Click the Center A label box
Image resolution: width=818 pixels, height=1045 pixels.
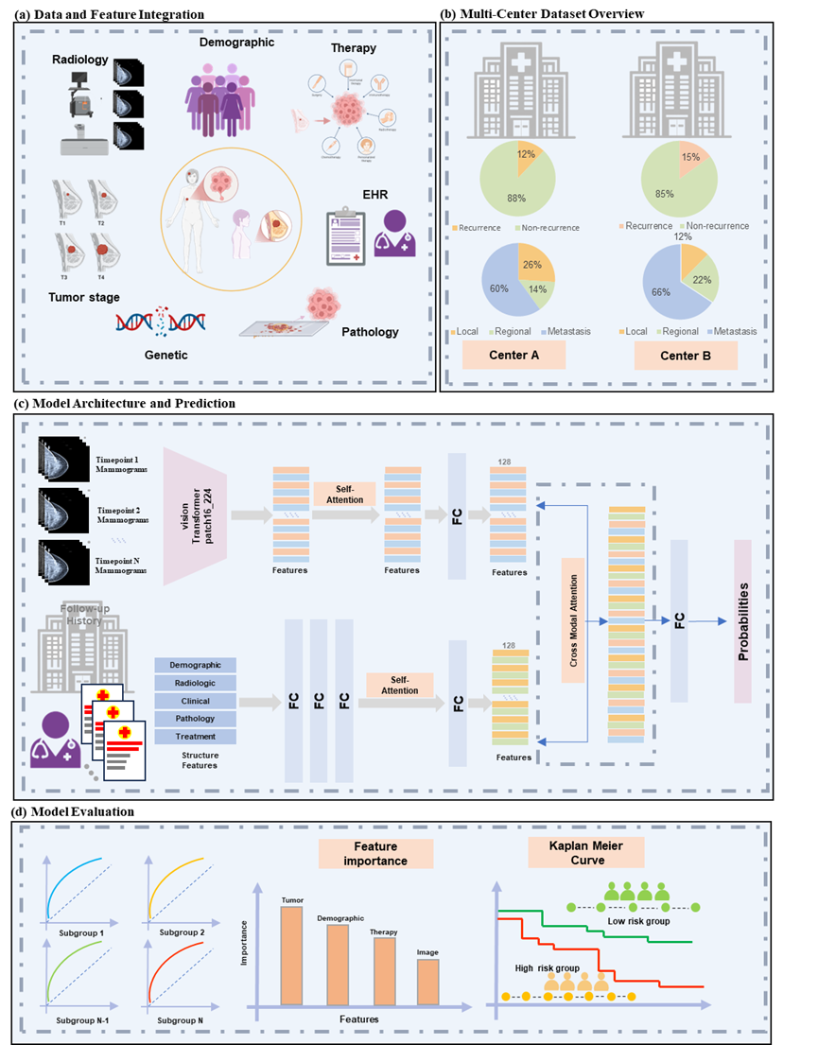pyautogui.click(x=514, y=356)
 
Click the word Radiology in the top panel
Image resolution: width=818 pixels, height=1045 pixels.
pyautogui.click(x=83, y=61)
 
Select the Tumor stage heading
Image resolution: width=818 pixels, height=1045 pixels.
pyautogui.click(x=84, y=298)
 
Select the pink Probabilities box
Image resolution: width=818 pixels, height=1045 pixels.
pyautogui.click(x=742, y=620)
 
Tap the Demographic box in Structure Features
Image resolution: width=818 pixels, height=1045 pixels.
pyautogui.click(x=195, y=666)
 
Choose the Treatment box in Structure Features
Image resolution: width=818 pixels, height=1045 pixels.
pyautogui.click(x=195, y=736)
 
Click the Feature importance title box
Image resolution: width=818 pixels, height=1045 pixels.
pyautogui.click(x=375, y=854)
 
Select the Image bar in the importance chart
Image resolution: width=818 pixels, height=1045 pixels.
pyautogui.click(x=427, y=982)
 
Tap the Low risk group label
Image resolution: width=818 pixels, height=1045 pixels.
pyautogui.click(x=633, y=920)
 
